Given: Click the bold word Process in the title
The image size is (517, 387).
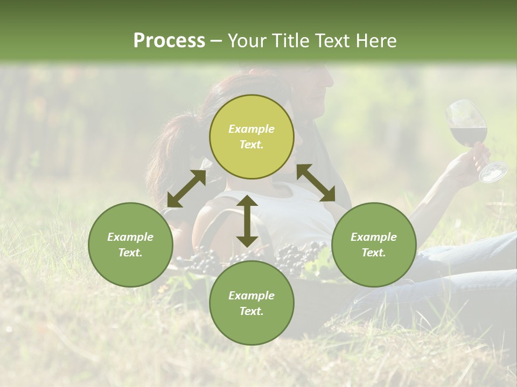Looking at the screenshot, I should click(169, 40).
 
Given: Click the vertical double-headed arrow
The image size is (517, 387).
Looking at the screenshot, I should click(247, 221).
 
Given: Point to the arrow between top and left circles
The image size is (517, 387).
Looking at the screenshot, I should click(186, 189).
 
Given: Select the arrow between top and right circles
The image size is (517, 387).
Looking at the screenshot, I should click(316, 183).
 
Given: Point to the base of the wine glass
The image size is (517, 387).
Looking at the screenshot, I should click(494, 172).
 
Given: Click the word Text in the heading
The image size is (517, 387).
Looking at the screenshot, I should click(334, 40).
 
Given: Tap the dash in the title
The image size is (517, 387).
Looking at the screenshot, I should click(216, 41).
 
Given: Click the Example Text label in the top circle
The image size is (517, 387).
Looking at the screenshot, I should click(251, 137).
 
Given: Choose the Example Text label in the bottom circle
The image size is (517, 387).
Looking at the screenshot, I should click(251, 303).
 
